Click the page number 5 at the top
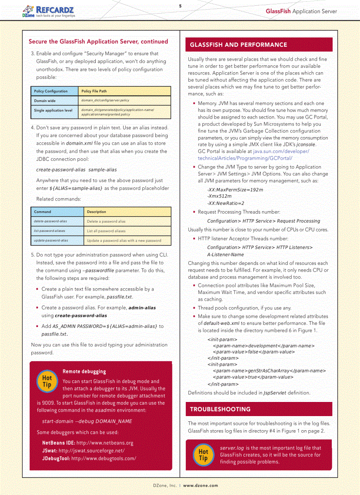point(180,6)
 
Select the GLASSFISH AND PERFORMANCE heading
point(238,45)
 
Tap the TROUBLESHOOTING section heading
point(220,409)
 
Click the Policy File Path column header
point(94,91)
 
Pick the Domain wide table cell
point(45,100)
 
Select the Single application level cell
point(53,110)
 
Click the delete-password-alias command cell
point(51,221)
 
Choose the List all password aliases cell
point(106,231)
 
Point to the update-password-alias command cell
point(51,241)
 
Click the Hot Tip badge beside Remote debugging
point(47,381)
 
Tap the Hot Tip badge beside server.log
point(203,454)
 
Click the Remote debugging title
point(84,372)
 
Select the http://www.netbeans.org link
point(105,443)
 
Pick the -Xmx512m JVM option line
point(219,196)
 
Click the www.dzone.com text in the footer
point(200,485)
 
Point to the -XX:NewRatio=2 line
point(225,203)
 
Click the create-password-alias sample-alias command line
point(76,169)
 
